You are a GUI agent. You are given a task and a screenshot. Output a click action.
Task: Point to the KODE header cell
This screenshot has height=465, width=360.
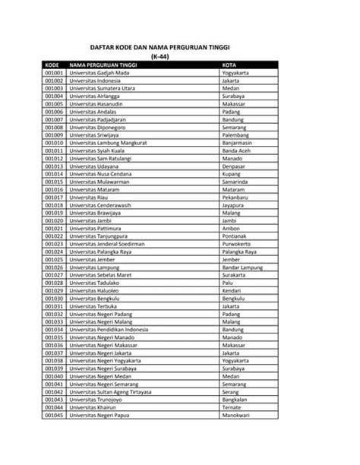[52, 65]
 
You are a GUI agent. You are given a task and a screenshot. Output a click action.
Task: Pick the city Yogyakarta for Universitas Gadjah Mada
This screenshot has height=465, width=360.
[236, 73]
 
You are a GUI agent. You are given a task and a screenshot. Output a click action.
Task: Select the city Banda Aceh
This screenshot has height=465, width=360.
[236, 150]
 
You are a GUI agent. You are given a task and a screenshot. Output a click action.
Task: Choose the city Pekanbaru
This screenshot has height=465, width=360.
[235, 197]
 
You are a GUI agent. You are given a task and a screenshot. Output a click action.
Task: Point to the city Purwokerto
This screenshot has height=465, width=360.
[237, 243]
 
